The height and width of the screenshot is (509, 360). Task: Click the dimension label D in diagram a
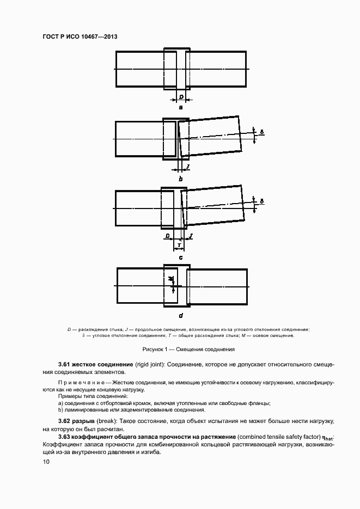(x=181, y=97)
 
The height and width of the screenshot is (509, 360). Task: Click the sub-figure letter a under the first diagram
(x=181, y=107)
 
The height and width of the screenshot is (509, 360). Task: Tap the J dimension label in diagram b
(x=187, y=165)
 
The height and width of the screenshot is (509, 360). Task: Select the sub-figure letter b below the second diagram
(x=181, y=179)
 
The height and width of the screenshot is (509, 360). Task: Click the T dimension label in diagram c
(x=180, y=246)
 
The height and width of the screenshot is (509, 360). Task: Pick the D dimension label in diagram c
(x=168, y=236)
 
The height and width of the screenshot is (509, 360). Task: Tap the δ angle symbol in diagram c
(x=262, y=201)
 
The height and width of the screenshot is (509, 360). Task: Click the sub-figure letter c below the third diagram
(x=181, y=257)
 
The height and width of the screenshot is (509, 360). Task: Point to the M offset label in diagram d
(x=171, y=279)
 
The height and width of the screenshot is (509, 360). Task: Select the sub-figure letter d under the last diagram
(x=181, y=315)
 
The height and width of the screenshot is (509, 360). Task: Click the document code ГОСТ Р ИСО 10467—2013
(x=80, y=36)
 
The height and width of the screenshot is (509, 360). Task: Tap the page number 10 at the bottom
(x=46, y=462)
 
